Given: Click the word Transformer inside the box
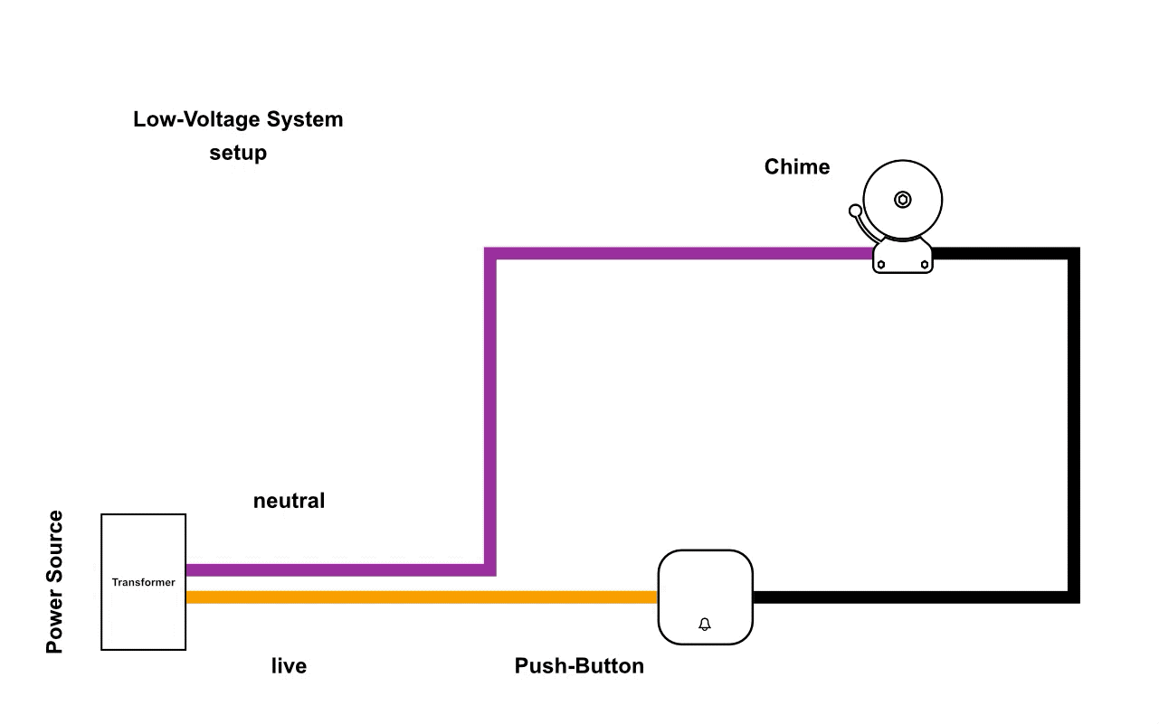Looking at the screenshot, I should (143, 582).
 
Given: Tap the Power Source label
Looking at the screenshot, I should (55, 582).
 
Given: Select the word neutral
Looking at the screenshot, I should (289, 501).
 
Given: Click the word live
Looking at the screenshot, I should (289, 666).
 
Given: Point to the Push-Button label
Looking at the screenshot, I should (579, 666).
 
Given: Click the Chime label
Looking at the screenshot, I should (796, 167).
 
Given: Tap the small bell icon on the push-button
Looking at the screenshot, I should (705, 625).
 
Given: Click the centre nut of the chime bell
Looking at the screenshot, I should (902, 200).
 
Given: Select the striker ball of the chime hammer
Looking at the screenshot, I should (855, 212).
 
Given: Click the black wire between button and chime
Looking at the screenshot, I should (1073, 425).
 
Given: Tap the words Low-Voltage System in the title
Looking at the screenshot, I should (238, 119).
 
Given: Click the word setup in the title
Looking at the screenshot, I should (238, 153).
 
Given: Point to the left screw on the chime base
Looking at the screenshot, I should (881, 265).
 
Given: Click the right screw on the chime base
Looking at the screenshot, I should (924, 265).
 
